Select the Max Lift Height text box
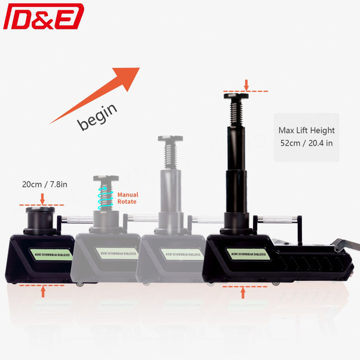click(306, 137)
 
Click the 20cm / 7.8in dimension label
click(44, 184)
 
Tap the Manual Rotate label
click(127, 198)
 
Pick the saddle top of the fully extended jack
click(237, 96)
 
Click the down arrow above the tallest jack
click(246, 85)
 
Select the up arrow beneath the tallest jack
click(243, 292)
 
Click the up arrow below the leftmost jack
click(43, 291)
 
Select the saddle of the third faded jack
click(170, 138)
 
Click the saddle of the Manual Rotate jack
click(106, 178)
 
